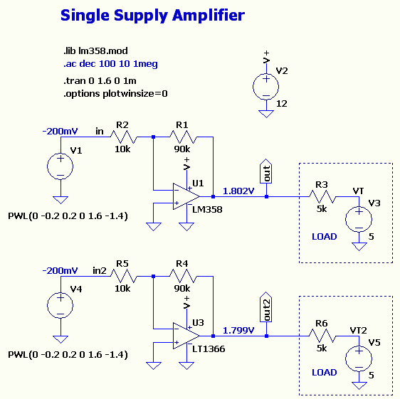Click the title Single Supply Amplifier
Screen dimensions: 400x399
(152, 16)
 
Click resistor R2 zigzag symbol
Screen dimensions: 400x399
(124, 137)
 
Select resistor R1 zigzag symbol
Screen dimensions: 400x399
(183, 137)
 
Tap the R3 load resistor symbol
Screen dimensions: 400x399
(322, 196)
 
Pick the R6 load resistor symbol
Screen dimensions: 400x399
(322, 336)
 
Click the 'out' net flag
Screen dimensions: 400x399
(265, 171)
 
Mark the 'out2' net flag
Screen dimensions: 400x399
(265, 307)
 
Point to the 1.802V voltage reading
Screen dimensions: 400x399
(238, 191)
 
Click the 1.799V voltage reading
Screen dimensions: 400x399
(238, 331)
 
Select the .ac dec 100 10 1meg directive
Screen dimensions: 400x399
(110, 64)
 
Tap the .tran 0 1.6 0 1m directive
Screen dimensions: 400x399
(100, 81)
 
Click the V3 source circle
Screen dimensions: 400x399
(359, 219)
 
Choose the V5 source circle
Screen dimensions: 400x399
(359, 358)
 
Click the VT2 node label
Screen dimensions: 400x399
(358, 331)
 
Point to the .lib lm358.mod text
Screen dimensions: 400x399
(95, 51)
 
